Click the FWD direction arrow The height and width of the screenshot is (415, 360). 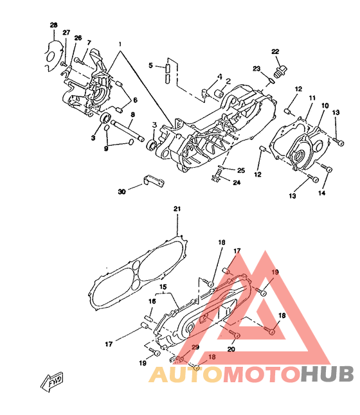point(52,382)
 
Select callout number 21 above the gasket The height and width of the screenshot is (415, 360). point(177,209)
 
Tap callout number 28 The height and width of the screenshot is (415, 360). point(54,25)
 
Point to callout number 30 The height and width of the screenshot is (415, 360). point(122,191)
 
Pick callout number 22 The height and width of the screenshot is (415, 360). point(275,51)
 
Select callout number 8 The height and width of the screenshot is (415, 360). point(132,114)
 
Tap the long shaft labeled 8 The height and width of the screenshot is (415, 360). point(128,130)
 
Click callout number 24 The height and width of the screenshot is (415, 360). point(237,182)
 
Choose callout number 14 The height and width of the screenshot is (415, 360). point(321,193)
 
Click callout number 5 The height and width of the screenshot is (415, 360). point(150,65)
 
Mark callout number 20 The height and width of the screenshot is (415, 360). point(231,349)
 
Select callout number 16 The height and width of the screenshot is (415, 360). point(152,301)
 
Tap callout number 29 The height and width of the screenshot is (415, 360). point(195,347)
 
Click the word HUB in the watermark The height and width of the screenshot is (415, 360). point(327,375)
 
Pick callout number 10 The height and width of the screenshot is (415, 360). point(325,106)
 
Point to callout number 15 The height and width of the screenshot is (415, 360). point(163,287)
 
